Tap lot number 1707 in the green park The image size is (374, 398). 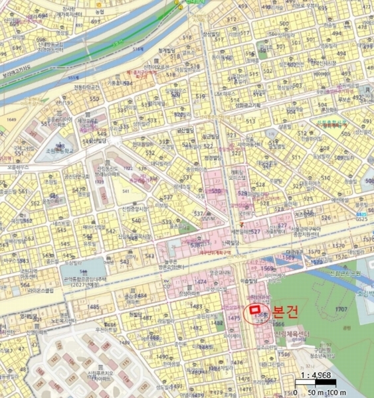[341, 309]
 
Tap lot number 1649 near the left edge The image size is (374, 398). [10, 119]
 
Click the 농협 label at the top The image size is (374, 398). [100, 11]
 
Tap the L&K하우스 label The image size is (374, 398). [221, 95]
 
